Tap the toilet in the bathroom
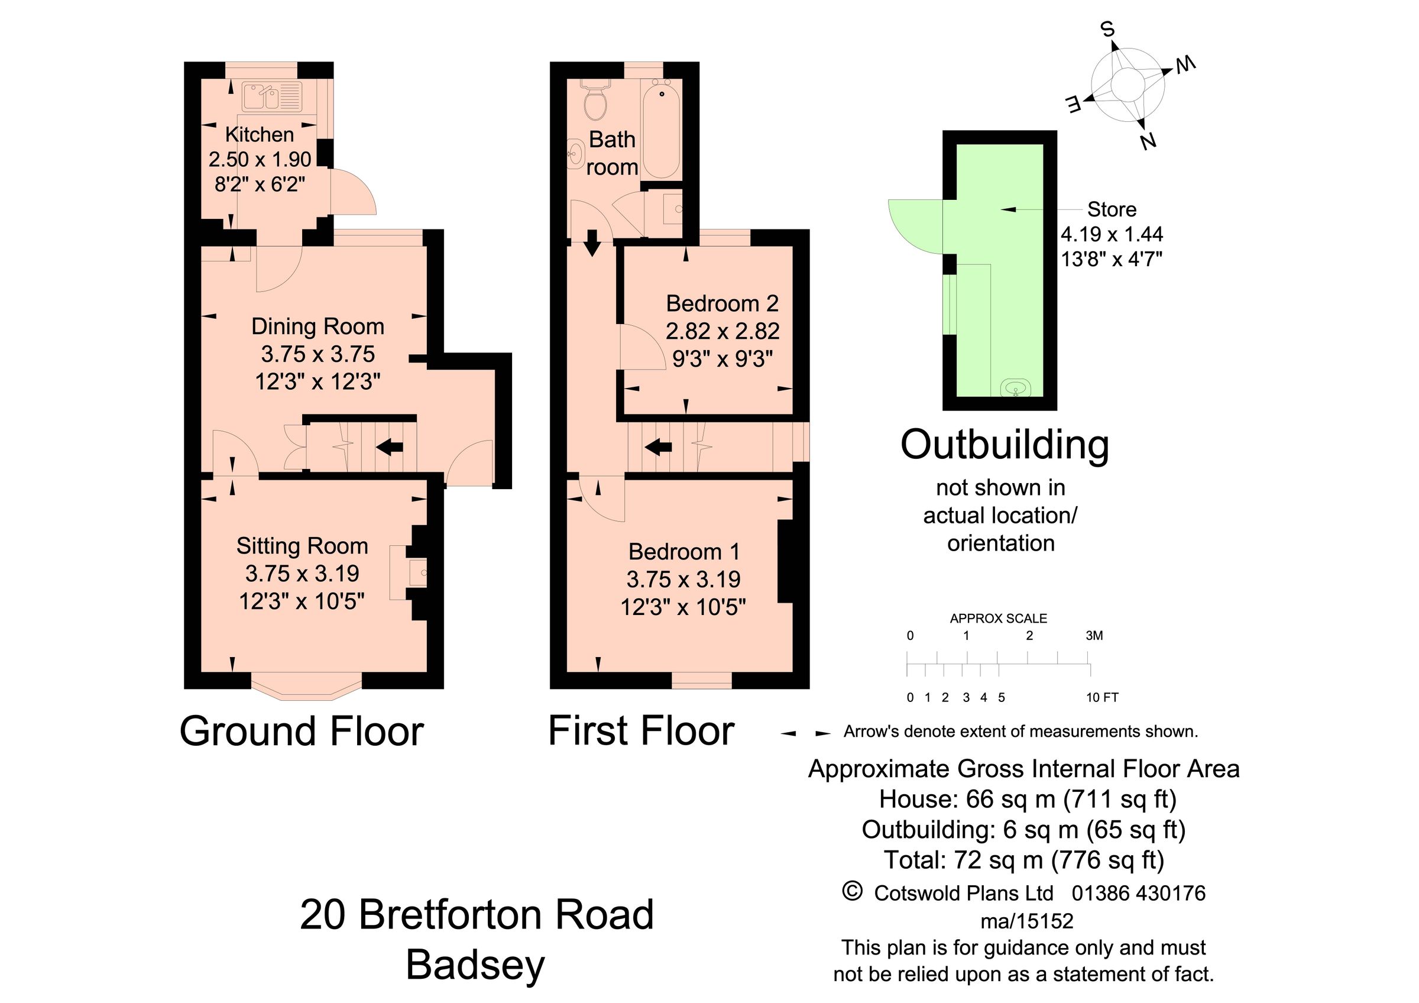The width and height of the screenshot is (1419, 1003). [595, 103]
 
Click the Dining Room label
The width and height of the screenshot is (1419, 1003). [318, 326]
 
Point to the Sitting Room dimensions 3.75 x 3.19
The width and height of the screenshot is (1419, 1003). [302, 574]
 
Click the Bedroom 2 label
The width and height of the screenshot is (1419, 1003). [722, 303]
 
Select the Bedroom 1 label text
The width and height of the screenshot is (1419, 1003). [683, 551]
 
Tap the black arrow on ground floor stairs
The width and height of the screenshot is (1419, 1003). [390, 446]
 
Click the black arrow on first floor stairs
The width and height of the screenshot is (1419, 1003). [658, 446]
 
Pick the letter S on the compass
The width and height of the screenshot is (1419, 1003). [1107, 29]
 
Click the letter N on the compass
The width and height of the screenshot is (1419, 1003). [1148, 141]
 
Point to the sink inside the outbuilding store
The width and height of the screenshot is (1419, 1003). [1015, 388]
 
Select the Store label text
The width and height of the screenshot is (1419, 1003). [1111, 209]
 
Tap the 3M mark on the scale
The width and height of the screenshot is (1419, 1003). [1094, 635]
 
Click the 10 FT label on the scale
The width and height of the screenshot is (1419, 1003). [1102, 698]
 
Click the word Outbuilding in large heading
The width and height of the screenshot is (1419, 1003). [1005, 445]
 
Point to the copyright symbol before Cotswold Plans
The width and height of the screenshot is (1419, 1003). [852, 891]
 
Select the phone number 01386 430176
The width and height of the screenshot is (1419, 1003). [1138, 893]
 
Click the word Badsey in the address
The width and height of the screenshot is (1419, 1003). [475, 965]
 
